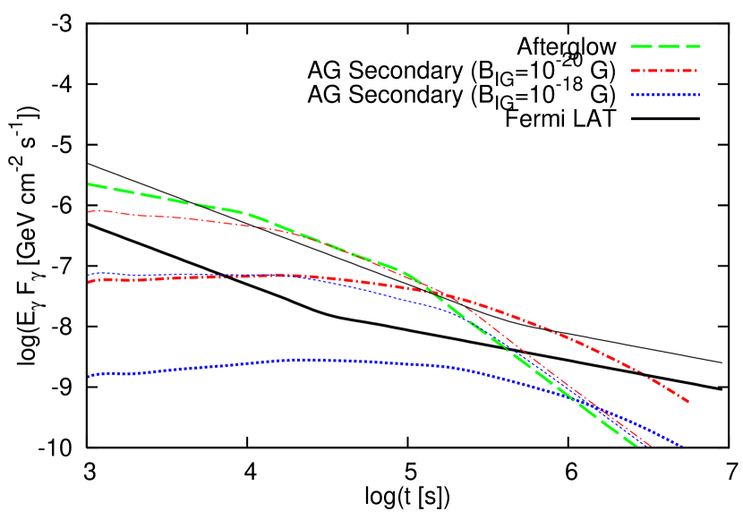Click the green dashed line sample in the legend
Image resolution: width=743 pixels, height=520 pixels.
[665, 46]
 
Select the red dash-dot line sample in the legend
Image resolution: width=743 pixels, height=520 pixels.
[665, 70]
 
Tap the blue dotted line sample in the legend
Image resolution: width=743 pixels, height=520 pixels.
[665, 94]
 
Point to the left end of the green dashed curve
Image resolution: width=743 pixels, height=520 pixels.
[89, 184]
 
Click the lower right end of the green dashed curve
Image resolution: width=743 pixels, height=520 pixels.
[636, 445]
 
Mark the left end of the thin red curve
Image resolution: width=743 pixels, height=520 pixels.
[89, 211]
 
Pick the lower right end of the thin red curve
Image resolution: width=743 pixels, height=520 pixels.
[650, 445]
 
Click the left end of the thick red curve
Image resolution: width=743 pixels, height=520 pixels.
[89, 282]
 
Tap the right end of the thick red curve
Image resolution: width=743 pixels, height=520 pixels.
[689, 402]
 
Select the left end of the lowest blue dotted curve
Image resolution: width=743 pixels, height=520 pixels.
[89, 376]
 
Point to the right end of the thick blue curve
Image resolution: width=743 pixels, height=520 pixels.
[683, 446]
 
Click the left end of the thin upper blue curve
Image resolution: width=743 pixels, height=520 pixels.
[89, 275]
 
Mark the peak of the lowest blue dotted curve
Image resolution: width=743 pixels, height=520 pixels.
[309, 359]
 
